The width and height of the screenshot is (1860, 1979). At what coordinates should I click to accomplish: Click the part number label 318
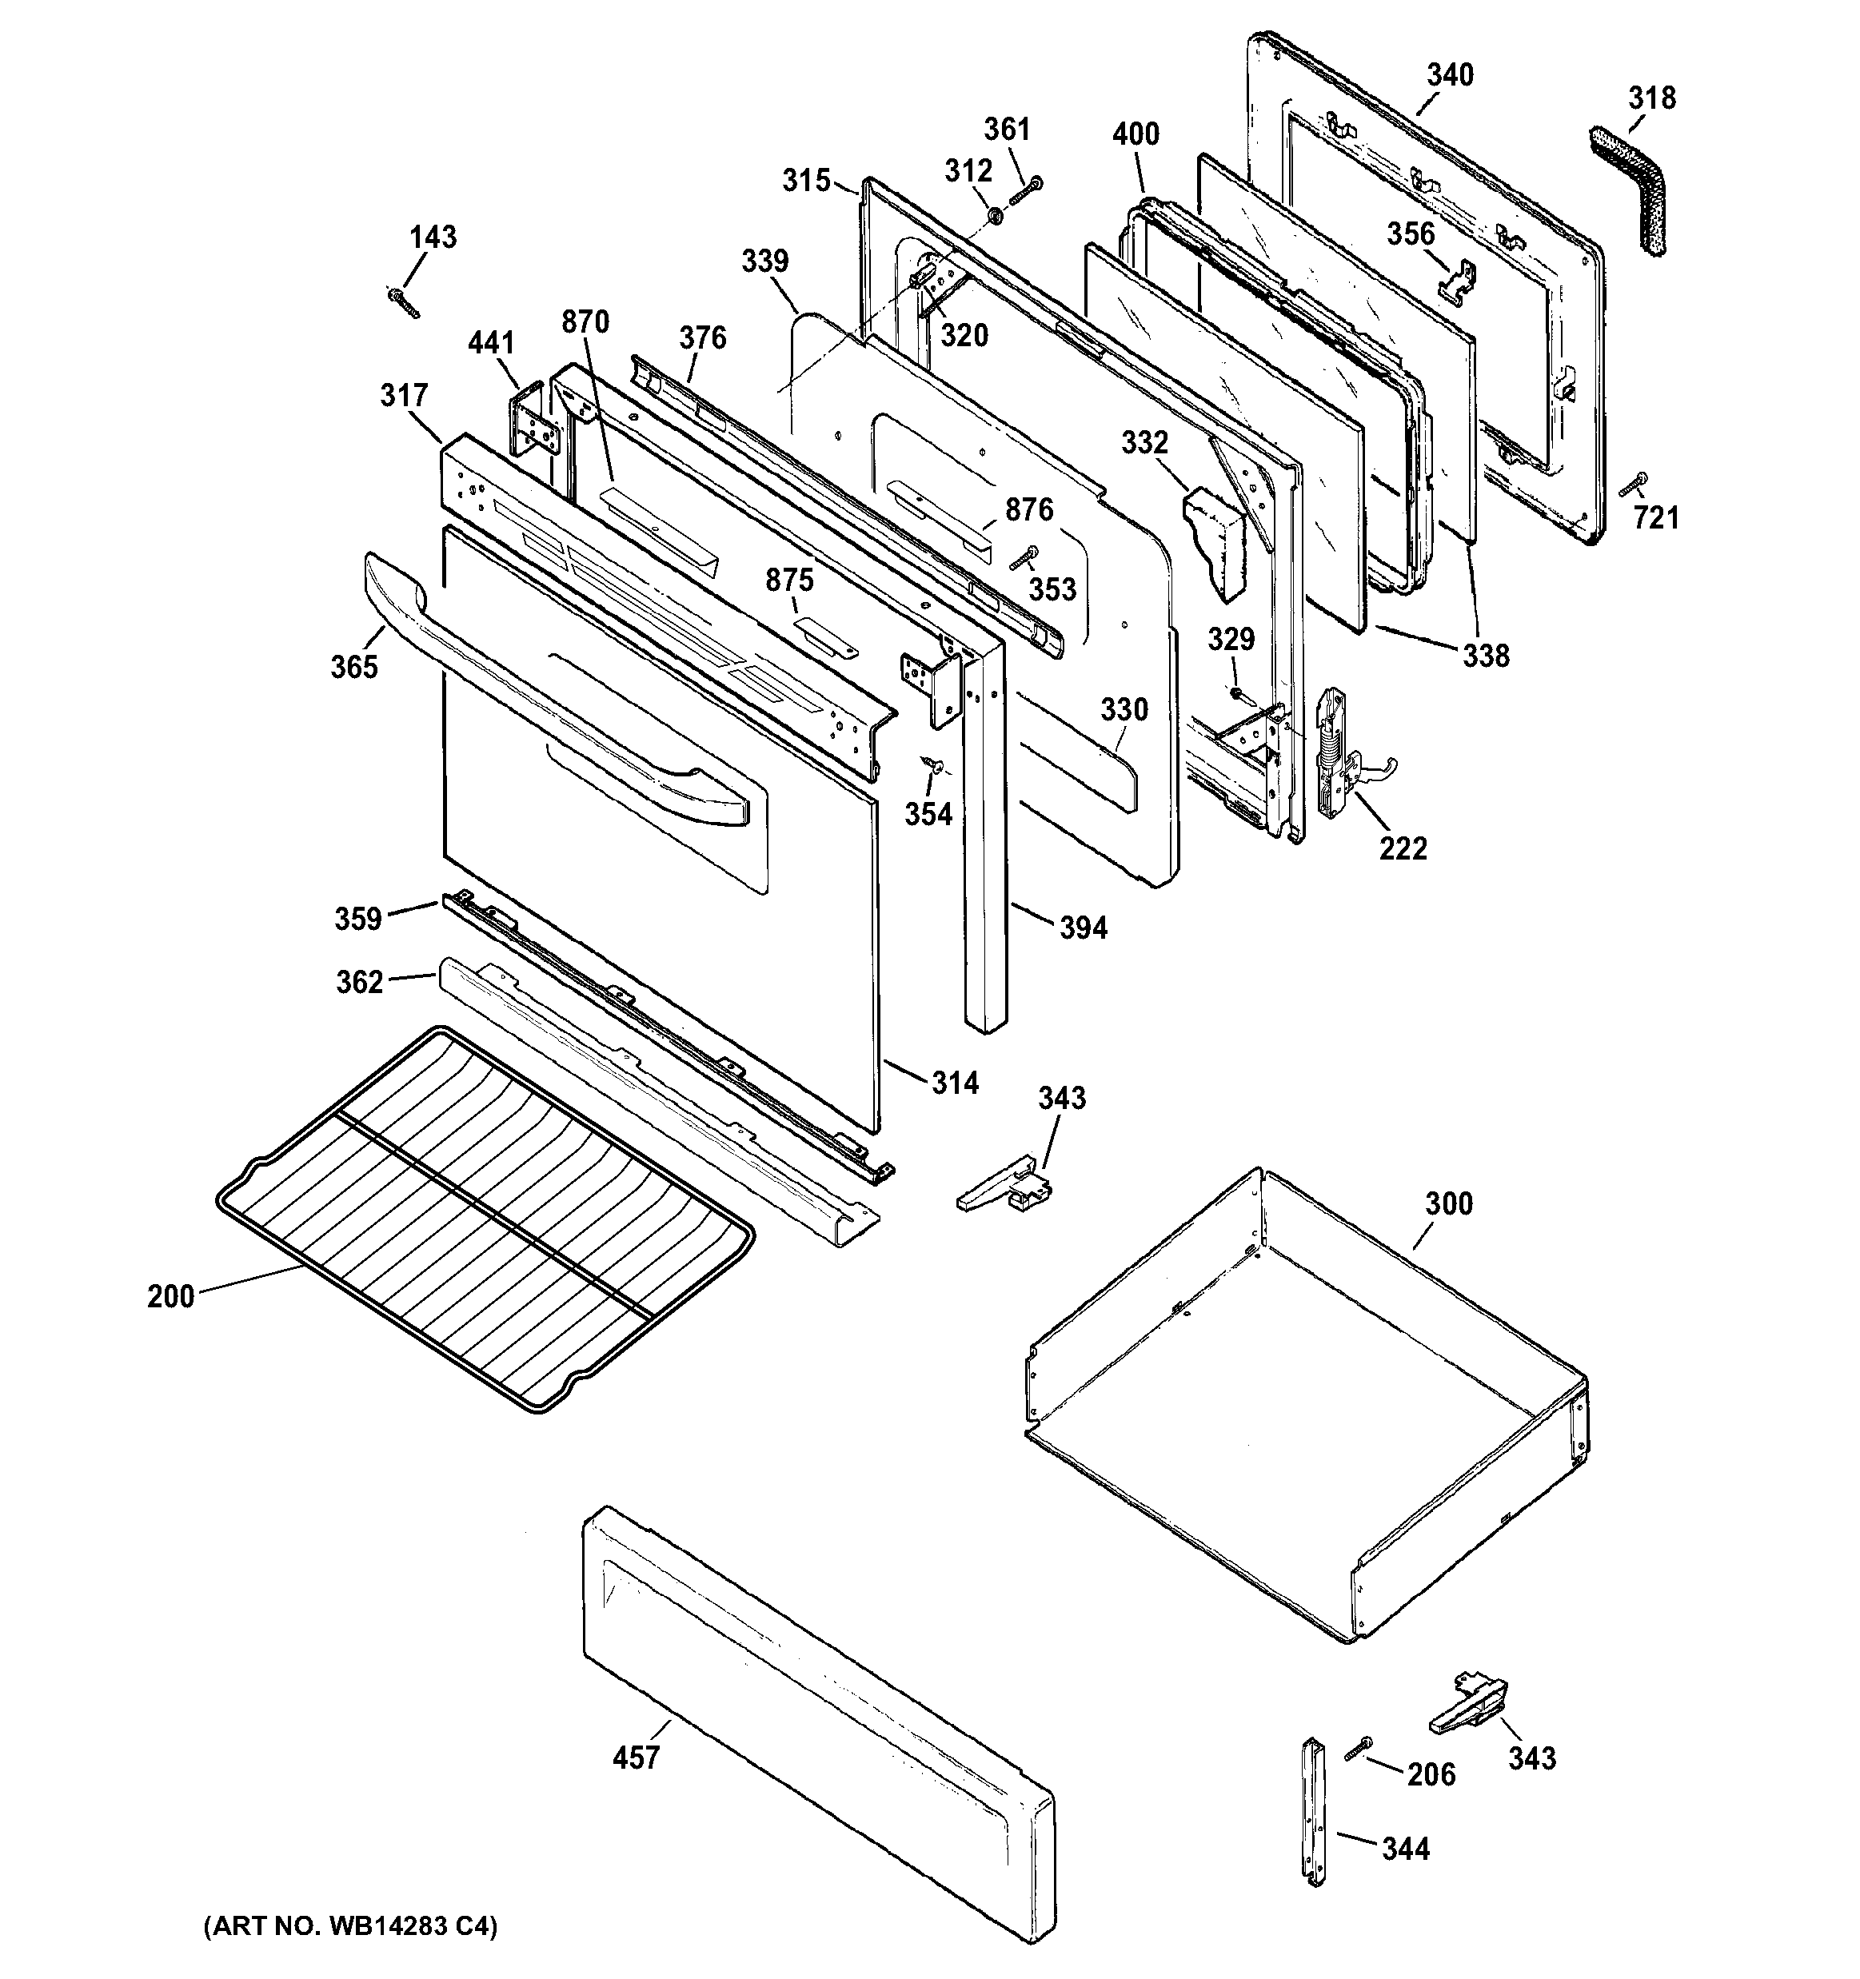coord(1652,98)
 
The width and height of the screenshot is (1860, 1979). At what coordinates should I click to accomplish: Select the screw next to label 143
coord(403,300)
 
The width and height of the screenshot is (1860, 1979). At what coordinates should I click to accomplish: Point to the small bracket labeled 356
coord(1455,281)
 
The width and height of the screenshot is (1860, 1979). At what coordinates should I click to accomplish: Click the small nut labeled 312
coord(994,216)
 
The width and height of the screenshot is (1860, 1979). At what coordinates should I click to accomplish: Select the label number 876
coord(1028,509)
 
